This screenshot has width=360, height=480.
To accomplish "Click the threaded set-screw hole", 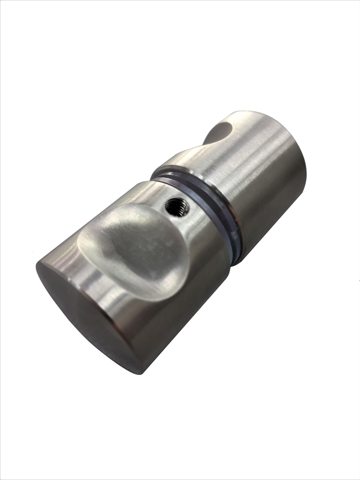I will click(x=178, y=207).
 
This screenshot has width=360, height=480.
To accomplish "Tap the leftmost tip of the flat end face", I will click(x=37, y=267).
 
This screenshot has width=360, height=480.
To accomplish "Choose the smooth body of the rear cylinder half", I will click(x=262, y=187).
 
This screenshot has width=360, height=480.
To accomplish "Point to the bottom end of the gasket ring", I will click(x=237, y=260).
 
